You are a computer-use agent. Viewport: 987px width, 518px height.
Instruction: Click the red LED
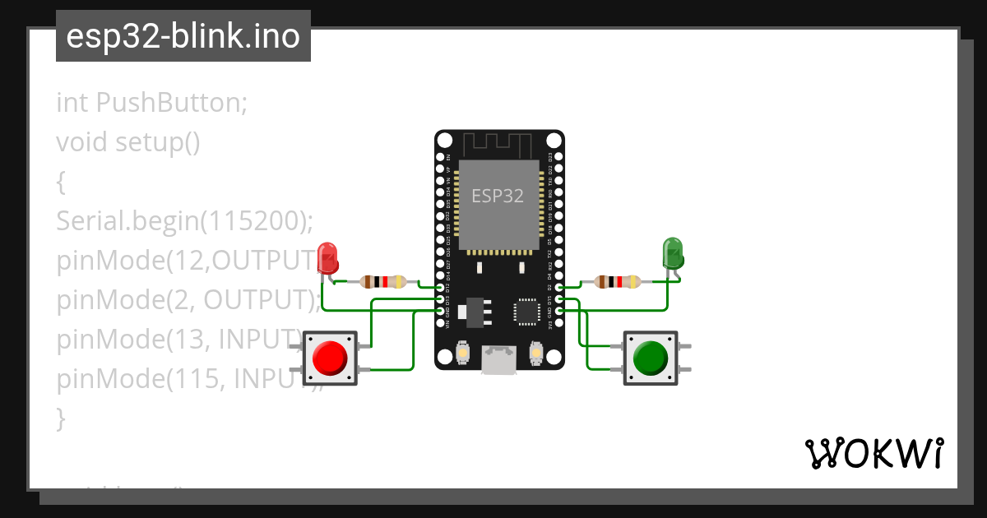point(327,258)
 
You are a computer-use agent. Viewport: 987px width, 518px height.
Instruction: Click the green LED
point(673,253)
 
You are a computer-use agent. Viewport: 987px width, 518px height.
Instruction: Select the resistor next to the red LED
point(383,282)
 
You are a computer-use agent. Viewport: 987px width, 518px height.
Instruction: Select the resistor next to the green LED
point(617,282)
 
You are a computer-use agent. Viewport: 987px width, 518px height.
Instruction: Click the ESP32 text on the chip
point(497,196)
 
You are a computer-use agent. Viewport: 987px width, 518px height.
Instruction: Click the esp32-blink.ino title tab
point(183,36)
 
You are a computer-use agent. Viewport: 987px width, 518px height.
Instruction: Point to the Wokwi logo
point(873,454)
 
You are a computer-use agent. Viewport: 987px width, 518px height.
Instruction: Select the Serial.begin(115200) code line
point(185,221)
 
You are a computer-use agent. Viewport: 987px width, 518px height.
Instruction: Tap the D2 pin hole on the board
point(559,288)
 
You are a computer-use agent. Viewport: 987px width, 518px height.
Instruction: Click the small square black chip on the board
point(526,311)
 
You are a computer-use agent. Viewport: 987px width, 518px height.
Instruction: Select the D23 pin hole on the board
point(559,156)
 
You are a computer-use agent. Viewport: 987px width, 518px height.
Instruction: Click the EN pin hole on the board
point(440,156)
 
